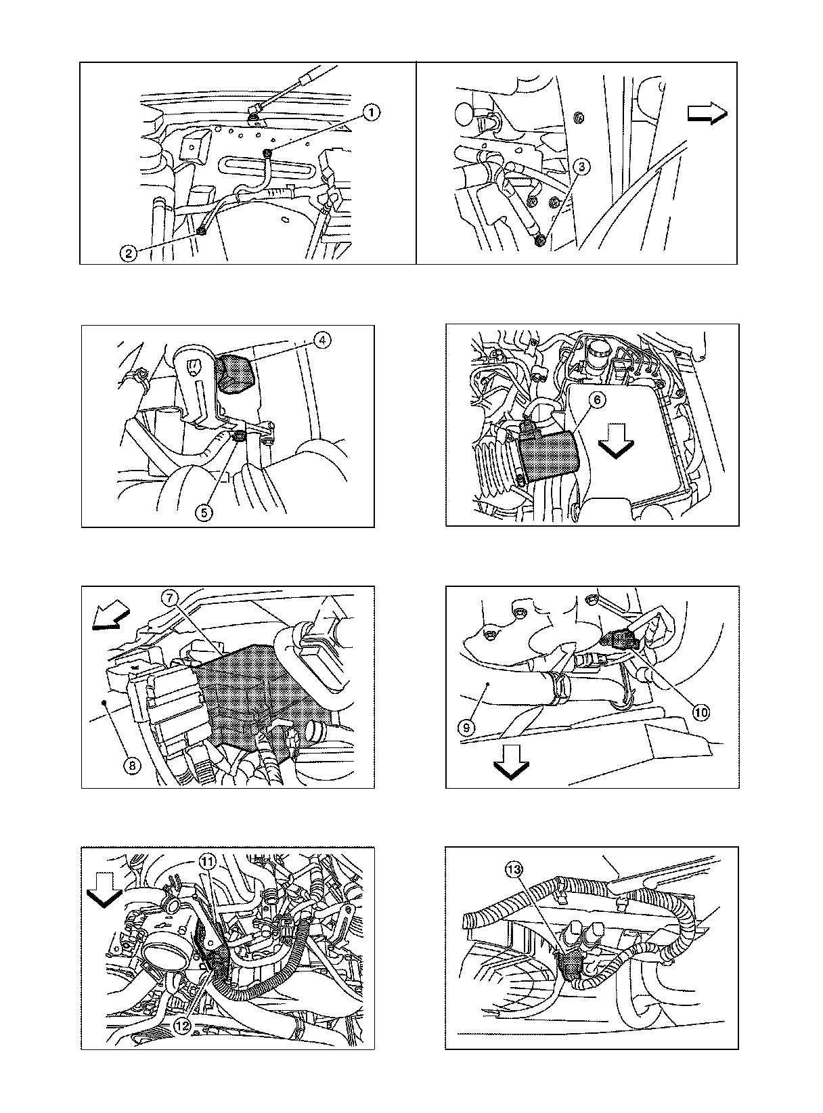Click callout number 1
372,113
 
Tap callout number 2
129,253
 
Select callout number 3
581,167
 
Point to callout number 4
322,340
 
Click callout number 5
204,513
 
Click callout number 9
467,727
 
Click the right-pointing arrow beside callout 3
707,113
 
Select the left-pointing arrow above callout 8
112,616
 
